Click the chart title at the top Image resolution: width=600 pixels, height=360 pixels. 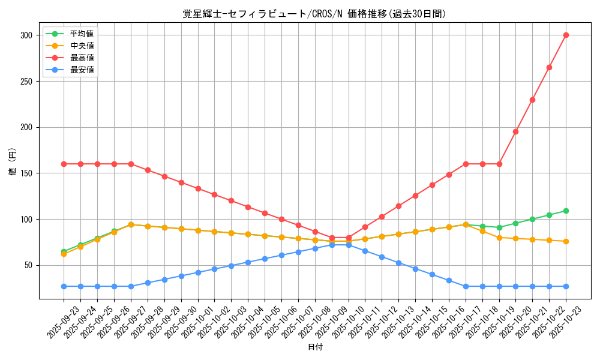[314, 14]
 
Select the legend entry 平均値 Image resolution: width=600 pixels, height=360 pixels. [82, 34]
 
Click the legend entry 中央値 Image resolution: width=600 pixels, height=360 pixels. [82, 46]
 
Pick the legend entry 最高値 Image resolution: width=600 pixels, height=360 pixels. [82, 58]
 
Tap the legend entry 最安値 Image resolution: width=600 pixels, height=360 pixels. [82, 70]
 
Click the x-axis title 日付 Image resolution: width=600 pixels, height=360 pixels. [315, 347]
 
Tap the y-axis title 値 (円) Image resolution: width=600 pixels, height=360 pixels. [13, 163]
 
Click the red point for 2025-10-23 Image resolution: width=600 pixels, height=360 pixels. [566, 35]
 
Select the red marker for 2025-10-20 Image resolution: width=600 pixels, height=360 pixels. [515, 131]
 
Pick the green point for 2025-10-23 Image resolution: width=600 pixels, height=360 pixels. [566, 211]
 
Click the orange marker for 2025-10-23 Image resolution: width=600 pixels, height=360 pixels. [566, 241]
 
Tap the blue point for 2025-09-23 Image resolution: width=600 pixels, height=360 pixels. [64, 286]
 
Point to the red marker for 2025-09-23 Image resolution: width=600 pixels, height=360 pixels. [64, 164]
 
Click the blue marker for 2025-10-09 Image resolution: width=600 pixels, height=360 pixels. [332, 245]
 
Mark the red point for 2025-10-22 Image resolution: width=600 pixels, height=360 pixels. [549, 67]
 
